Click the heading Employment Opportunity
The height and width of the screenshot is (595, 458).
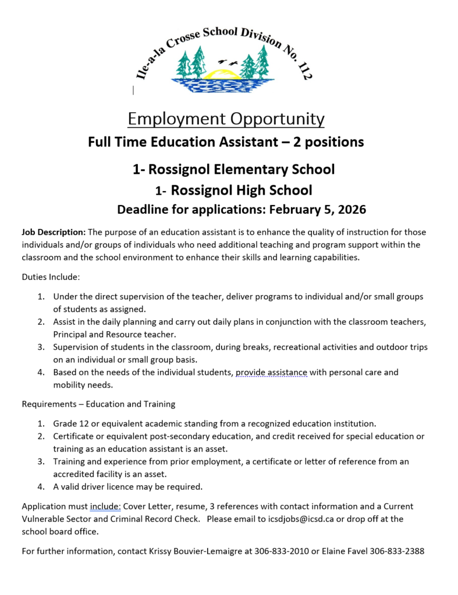226,119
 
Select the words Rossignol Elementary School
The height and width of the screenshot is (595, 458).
242,169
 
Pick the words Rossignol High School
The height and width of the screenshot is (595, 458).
242,190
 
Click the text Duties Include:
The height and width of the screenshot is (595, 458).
51,277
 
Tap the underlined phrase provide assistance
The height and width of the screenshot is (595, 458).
271,372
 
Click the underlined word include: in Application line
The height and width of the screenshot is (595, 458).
105,507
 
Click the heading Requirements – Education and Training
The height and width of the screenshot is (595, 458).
98,404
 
